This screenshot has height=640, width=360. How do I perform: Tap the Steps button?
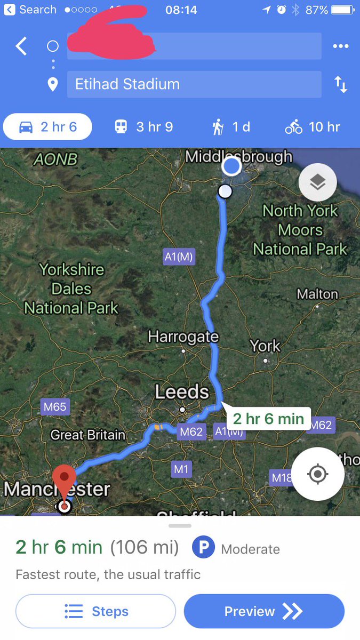click(x=96, y=611)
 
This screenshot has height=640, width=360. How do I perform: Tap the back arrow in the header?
click(x=21, y=46)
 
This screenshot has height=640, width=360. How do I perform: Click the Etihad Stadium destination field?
click(x=194, y=84)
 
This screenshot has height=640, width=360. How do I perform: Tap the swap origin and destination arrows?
click(x=340, y=84)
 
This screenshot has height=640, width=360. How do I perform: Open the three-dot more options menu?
click(x=340, y=46)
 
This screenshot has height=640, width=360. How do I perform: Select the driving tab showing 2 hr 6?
click(x=48, y=127)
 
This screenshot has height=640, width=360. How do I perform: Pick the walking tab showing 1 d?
click(x=231, y=127)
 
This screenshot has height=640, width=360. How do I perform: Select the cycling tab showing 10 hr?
click(x=313, y=127)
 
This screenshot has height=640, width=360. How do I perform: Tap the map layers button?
click(x=317, y=182)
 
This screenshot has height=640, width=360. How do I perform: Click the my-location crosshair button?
click(x=318, y=474)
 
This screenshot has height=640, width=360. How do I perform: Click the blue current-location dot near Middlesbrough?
click(x=231, y=166)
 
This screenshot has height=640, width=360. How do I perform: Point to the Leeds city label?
click(x=182, y=392)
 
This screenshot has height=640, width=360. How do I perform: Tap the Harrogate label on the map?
click(x=183, y=337)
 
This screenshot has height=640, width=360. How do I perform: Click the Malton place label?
click(x=317, y=294)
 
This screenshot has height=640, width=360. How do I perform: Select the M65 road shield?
click(x=55, y=407)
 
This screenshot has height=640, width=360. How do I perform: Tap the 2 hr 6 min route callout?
click(x=268, y=418)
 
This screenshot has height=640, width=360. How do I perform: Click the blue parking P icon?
click(x=203, y=548)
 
